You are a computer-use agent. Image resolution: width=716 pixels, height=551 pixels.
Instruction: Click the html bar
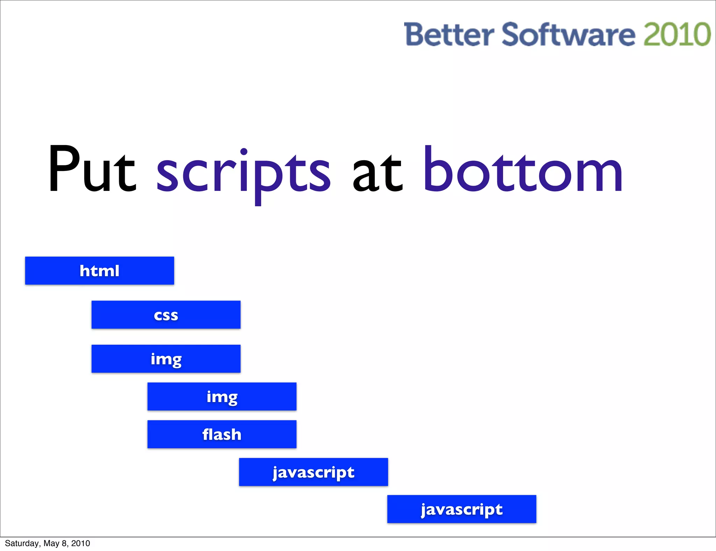pyautogui.click(x=99, y=271)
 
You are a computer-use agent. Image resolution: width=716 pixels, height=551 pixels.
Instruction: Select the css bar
pyautogui.click(x=166, y=315)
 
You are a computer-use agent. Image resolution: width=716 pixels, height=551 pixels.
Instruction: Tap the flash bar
pyautogui.click(x=222, y=434)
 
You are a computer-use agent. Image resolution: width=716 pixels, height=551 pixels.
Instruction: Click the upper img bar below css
pyautogui.click(x=166, y=359)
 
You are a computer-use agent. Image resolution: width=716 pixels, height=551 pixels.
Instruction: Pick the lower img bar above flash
pyautogui.click(x=222, y=396)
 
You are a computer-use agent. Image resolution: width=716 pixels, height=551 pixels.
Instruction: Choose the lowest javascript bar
pyautogui.click(x=461, y=509)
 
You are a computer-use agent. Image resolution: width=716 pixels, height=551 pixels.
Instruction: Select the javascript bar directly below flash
pyautogui.click(x=313, y=472)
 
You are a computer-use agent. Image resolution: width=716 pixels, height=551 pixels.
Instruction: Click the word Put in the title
pyautogui.click(x=92, y=170)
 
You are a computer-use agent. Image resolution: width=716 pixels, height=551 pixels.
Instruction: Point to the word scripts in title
pyautogui.click(x=243, y=173)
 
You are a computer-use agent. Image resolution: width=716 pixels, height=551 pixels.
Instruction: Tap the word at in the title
pyautogui.click(x=378, y=173)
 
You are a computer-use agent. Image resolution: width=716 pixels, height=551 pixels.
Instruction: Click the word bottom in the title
pyautogui.click(x=523, y=170)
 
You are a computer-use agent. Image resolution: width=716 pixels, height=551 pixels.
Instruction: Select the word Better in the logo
pyautogui.click(x=449, y=35)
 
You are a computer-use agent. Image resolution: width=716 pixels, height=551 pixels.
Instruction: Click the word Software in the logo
pyautogui.click(x=568, y=35)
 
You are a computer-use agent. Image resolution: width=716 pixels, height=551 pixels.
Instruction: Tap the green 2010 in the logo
pyautogui.click(x=677, y=35)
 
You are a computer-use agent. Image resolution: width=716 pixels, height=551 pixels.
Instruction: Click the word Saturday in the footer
pyautogui.click(x=22, y=543)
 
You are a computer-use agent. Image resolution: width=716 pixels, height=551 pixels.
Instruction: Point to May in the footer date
pyautogui.click(x=51, y=543)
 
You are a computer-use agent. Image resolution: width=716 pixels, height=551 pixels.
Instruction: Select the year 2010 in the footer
pyautogui.click(x=80, y=543)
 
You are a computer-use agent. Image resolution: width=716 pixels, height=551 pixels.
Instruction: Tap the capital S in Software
pyautogui.click(x=512, y=35)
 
